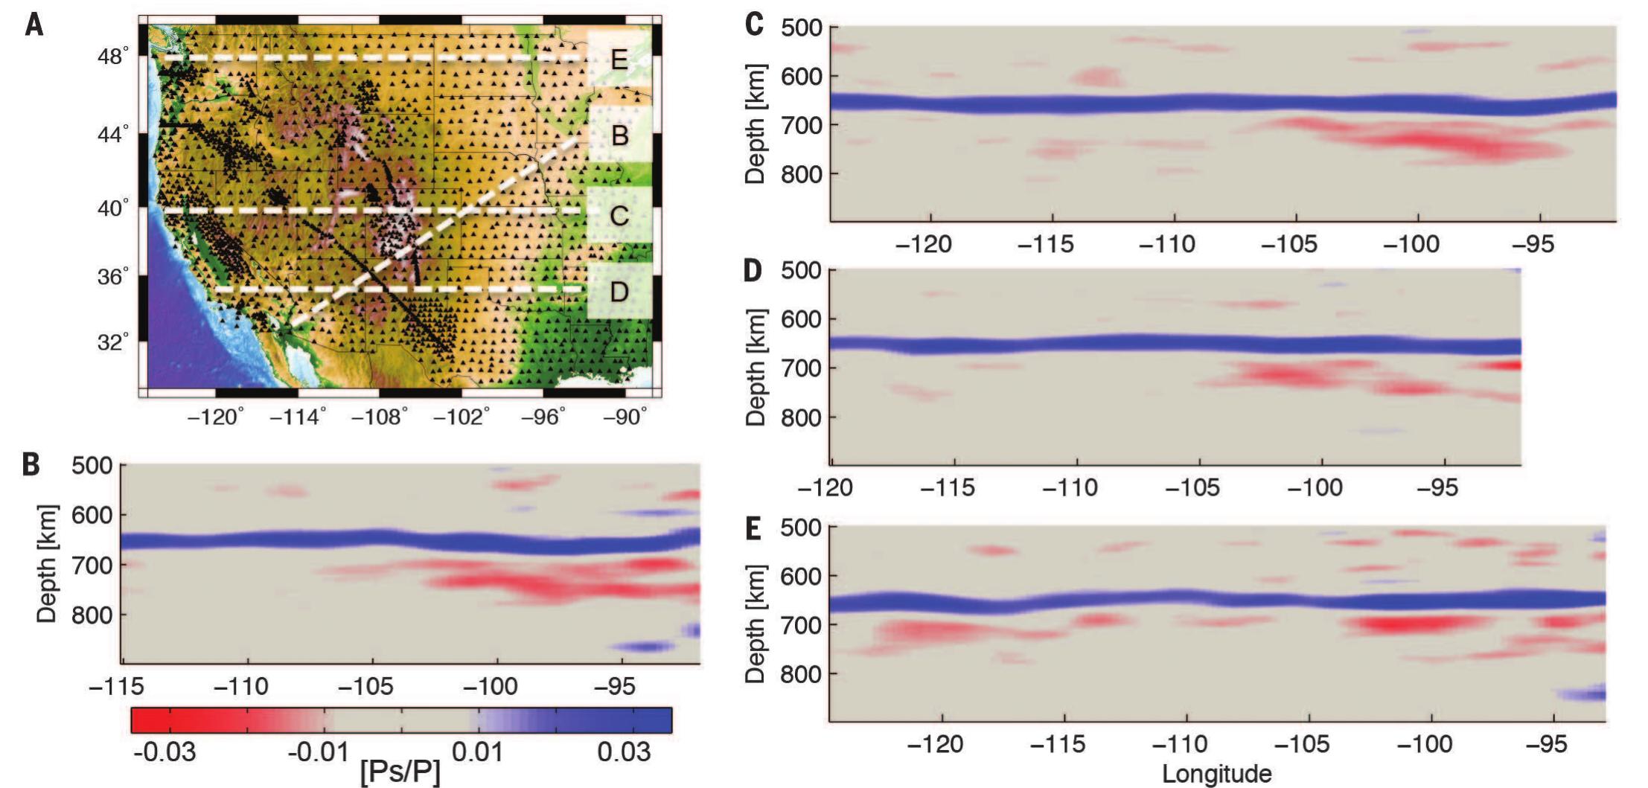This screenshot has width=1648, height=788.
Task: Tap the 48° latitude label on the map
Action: pyautogui.click(x=113, y=57)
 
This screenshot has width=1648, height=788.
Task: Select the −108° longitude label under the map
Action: pyautogui.click(x=379, y=417)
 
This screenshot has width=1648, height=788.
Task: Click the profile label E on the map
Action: pyautogui.click(x=619, y=59)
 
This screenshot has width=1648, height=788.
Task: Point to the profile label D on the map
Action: pyautogui.click(x=619, y=292)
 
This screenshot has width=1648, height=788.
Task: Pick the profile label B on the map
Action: pyautogui.click(x=619, y=136)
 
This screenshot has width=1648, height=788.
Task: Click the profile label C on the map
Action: pyautogui.click(x=619, y=216)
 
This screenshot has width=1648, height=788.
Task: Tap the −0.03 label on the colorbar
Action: pyautogui.click(x=165, y=752)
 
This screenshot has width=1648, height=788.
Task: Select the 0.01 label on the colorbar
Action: pyautogui.click(x=477, y=752)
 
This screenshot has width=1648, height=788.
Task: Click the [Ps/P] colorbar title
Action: pyautogui.click(x=400, y=771)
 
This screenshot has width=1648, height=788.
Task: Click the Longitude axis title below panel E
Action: pyautogui.click(x=1216, y=774)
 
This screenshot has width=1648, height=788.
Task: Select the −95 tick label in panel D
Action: pyautogui.click(x=1437, y=487)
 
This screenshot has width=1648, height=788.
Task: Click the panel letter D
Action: pyautogui.click(x=753, y=271)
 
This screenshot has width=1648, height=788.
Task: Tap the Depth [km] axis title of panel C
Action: pyautogui.click(x=755, y=124)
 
